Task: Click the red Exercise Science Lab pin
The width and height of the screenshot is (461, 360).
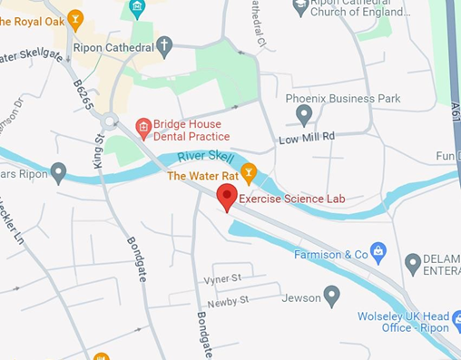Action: point(227,196)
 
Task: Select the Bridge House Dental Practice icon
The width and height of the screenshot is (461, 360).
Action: point(142,128)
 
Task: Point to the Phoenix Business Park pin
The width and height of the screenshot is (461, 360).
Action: point(304,115)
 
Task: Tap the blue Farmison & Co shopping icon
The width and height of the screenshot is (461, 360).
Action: point(379,251)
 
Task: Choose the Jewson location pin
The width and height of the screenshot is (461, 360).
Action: point(331,296)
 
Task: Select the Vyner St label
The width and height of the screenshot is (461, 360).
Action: point(222,277)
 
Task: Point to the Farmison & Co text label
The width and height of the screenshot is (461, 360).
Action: point(330,254)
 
